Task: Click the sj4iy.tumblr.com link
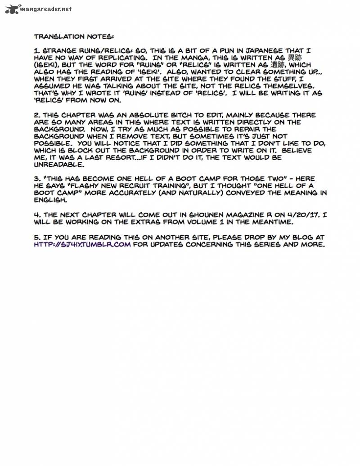pos(82,244)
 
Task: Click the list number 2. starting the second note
pos(37,115)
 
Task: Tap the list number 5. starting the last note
pos(37,237)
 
